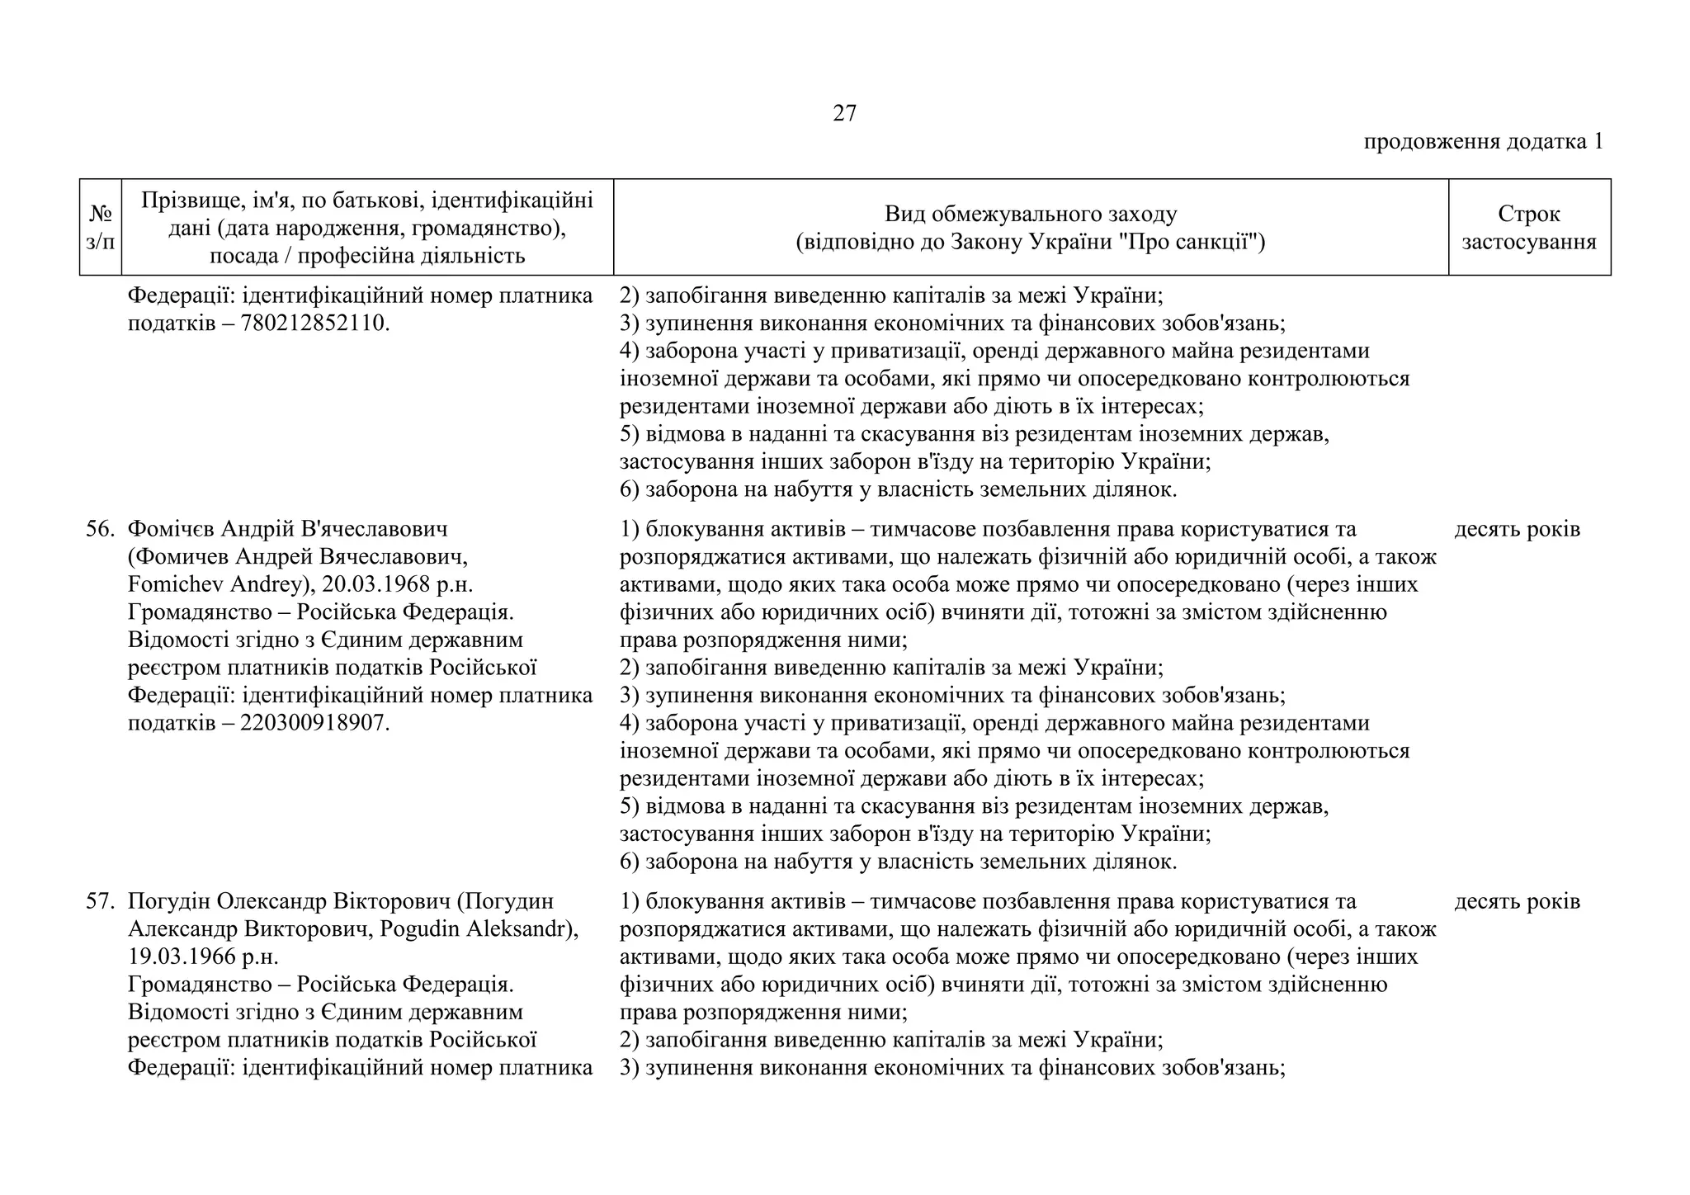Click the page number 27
coord(844,113)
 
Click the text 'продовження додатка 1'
coord(1482,142)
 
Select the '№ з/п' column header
coord(101,228)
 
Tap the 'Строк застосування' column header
coord(1528,228)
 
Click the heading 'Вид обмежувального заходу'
coord(1030,215)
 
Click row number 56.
coord(100,529)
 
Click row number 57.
coord(100,901)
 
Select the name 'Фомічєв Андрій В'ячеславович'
coord(287,529)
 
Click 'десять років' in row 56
coord(1517,529)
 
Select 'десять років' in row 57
coord(1517,901)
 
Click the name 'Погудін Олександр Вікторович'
coord(289,901)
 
